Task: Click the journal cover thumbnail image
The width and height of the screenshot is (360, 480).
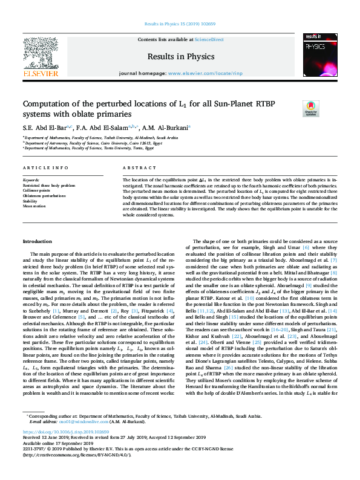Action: (x=320, y=56)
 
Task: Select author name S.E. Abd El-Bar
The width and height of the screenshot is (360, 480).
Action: (x=45, y=128)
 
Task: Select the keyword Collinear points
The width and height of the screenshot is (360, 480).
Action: (x=36, y=190)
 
